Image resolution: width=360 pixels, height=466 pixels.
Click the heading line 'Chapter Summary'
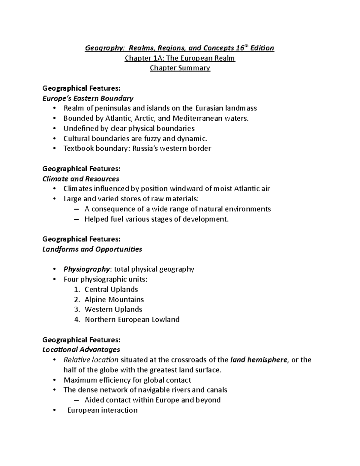180,68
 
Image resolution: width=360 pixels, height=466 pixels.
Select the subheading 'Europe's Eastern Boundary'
88,98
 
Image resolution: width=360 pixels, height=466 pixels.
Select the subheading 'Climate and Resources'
81,179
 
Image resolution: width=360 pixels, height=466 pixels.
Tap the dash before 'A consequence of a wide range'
76,209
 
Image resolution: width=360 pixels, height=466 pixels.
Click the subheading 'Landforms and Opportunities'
92,249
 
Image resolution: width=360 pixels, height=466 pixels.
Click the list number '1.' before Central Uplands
77,290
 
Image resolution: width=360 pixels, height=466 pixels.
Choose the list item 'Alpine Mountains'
114,300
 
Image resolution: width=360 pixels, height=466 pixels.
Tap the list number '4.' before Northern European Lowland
77,320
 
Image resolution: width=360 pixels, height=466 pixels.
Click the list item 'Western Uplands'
113,309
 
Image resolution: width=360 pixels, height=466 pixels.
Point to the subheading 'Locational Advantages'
81,350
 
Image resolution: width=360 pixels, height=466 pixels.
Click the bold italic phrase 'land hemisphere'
259,360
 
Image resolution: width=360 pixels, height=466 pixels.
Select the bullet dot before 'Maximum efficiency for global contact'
54,380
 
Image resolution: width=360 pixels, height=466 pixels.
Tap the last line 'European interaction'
102,410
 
